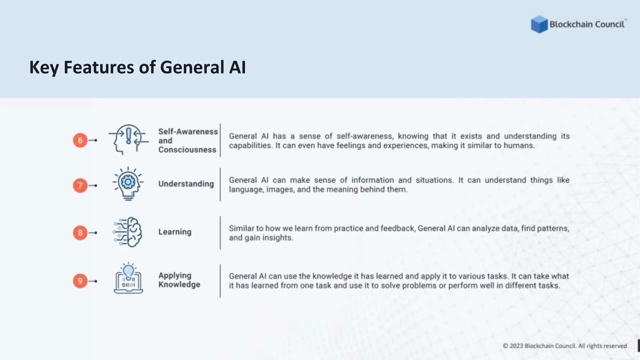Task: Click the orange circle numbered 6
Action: [x=80, y=140]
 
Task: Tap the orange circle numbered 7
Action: [x=80, y=185]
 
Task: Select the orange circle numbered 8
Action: [x=80, y=233]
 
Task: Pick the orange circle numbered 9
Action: [x=80, y=281]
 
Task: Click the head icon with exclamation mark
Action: [x=128, y=139]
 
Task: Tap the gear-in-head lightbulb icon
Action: [x=128, y=184]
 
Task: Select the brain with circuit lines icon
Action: [x=128, y=232]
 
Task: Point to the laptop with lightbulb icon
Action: [x=128, y=279]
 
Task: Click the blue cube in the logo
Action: [x=539, y=24]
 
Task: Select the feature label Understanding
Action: [x=186, y=184]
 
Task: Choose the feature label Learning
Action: [x=175, y=232]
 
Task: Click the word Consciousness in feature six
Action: [x=187, y=150]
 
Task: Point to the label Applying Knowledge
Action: [x=179, y=280]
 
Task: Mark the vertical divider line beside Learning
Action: [x=220, y=233]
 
